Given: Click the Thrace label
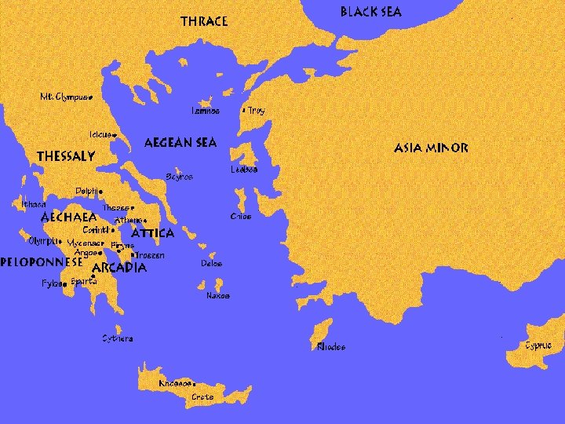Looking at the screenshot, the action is (x=204, y=21).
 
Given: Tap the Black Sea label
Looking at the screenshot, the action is (x=370, y=12).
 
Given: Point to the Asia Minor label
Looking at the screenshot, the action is (x=431, y=148).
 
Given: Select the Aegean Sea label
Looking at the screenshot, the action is (x=180, y=143).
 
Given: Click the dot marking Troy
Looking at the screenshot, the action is (x=245, y=111).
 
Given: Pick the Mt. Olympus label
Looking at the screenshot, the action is (x=64, y=97).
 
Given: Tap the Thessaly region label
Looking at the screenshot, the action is (x=66, y=156).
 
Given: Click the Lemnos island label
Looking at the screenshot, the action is (x=205, y=111).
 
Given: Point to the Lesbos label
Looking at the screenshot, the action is (x=244, y=170).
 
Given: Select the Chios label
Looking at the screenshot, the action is (x=241, y=217).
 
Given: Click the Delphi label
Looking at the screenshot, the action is (x=88, y=191).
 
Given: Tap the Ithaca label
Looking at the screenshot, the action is (x=34, y=204).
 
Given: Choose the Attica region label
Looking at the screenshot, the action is (x=152, y=233).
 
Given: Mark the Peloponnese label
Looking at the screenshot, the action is (x=42, y=261).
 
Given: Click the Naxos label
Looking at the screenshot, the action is (x=217, y=296).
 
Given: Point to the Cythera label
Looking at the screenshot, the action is (x=118, y=338).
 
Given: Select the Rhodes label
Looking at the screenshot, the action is (x=330, y=346).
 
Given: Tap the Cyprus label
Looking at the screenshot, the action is (x=538, y=345).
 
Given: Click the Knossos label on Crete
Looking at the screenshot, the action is (x=174, y=383).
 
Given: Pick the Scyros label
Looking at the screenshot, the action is (x=179, y=177).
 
